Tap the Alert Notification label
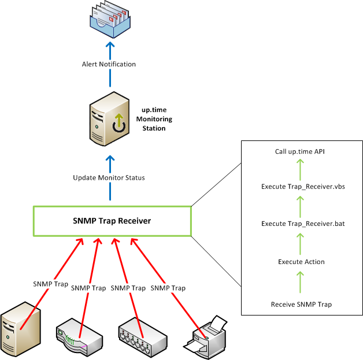[109, 64]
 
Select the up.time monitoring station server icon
[108, 122]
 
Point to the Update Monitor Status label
[109, 177]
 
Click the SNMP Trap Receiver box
[112, 220]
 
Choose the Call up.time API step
[300, 152]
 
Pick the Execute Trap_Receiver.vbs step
[300, 186]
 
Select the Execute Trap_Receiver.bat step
[300, 223]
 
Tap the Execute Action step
[301, 262]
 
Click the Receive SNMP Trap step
[301, 304]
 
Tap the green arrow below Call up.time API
[300, 169]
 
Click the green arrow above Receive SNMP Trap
[301, 283]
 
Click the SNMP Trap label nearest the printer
[168, 288]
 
